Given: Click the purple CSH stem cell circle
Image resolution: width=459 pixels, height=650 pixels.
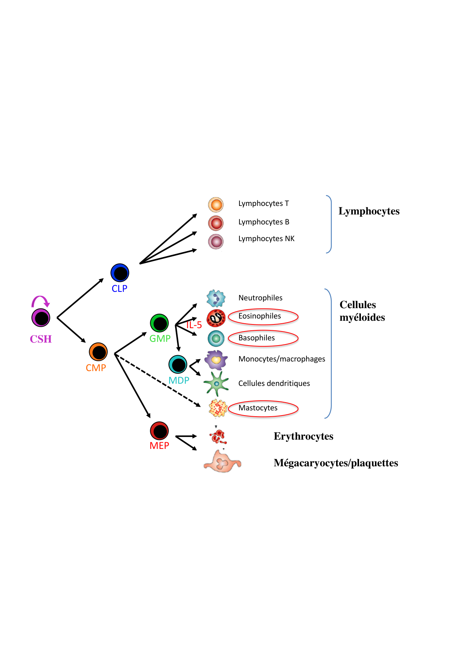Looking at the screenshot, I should tap(41, 318).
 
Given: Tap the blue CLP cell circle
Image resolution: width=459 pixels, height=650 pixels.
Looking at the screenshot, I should tap(120, 273).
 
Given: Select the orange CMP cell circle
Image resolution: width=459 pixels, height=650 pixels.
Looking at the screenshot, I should tap(98, 352).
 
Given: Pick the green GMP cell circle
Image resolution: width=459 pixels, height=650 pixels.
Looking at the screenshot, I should tap(160, 323).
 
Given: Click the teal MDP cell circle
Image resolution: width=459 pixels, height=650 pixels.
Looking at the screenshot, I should tap(178, 364).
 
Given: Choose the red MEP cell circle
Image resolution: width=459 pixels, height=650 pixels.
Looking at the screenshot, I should tap(160, 431).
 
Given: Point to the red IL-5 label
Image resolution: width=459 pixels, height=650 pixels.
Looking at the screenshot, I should tap(194, 325).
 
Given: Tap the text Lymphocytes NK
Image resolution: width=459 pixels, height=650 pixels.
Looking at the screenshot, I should tap(266, 239).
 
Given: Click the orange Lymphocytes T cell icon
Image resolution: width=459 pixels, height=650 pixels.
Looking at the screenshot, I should tap(216, 204).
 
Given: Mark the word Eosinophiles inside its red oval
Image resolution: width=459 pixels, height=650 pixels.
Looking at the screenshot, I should tap(260, 316).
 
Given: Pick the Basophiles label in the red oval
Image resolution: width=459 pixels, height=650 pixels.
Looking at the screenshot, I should tap(257, 338).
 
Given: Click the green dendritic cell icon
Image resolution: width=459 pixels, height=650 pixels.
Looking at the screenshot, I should tap(216, 384).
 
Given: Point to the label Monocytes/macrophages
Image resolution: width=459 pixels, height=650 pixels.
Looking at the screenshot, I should tap(282, 359).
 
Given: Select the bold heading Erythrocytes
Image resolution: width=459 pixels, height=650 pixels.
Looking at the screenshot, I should tap(304, 436).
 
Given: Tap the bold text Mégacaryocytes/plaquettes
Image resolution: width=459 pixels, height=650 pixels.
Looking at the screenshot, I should tap(336, 463).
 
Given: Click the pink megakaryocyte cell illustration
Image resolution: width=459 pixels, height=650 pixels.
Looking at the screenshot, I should tap(222, 462).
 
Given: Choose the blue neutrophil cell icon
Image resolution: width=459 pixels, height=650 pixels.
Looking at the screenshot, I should tap(216, 298).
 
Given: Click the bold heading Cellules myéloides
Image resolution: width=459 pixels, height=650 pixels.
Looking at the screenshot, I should tap(362, 311).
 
